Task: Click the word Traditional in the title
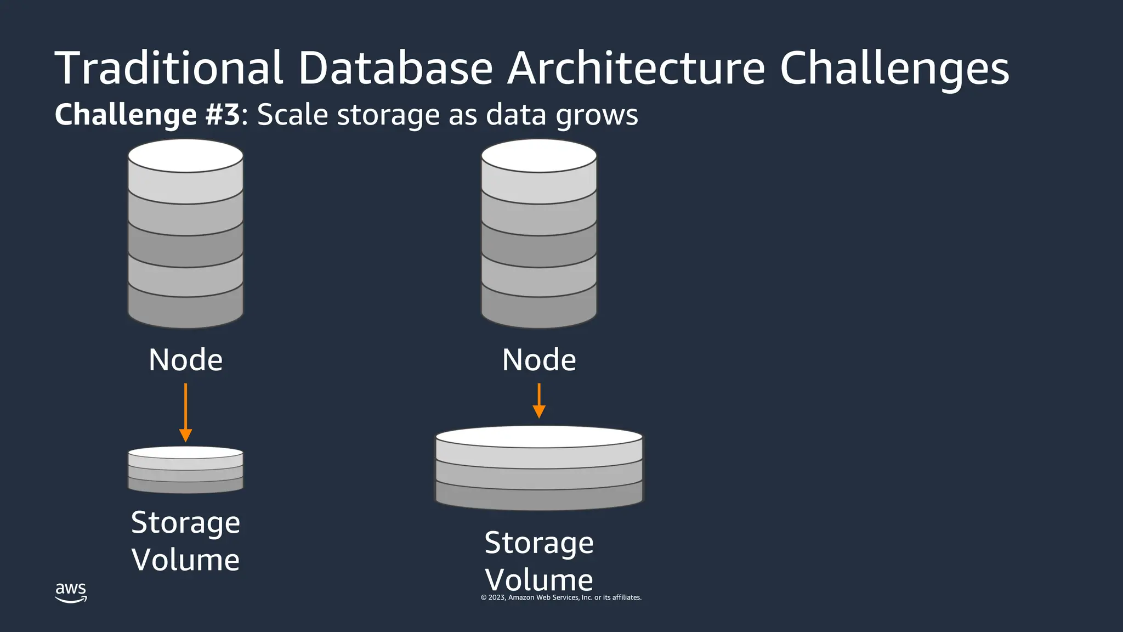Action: [x=169, y=68]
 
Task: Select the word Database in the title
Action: [x=395, y=68]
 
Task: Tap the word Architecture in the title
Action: [x=636, y=68]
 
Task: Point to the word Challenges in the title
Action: [x=894, y=69]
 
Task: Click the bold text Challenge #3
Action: [x=148, y=115]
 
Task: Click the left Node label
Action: [x=186, y=360]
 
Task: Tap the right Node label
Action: [x=539, y=360]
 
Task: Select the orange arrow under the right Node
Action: [x=539, y=401]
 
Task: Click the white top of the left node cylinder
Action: [x=186, y=156]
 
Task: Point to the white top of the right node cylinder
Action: [x=539, y=156]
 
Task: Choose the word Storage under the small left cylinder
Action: [x=186, y=522]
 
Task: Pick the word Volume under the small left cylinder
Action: [x=186, y=560]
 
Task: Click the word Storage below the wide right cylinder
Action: [x=539, y=543]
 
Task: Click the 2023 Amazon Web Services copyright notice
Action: [x=561, y=597]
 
